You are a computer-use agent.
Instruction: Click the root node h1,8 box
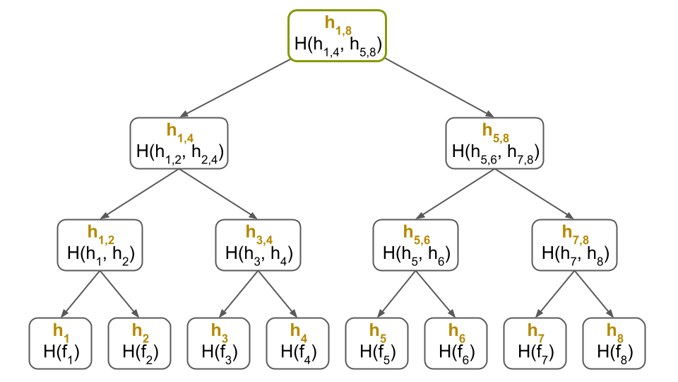click(337, 35)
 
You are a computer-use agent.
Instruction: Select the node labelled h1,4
click(179, 142)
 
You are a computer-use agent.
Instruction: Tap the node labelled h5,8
click(494, 142)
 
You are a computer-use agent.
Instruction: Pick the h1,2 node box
click(100, 244)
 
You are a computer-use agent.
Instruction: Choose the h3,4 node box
click(258, 244)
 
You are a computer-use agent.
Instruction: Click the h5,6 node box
click(415, 244)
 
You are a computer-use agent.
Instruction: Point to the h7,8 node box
click(573, 244)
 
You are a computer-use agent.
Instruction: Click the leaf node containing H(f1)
click(60, 343)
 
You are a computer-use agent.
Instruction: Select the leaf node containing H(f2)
click(139, 343)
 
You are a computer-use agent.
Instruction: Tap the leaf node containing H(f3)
click(218, 343)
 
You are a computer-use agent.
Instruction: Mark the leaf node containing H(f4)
click(297, 343)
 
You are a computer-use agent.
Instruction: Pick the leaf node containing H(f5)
click(376, 343)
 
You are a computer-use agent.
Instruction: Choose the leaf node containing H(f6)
click(456, 343)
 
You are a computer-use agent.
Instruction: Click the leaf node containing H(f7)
click(535, 343)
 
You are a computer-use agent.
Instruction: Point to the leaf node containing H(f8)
click(614, 343)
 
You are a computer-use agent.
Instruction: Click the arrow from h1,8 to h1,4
click(237, 87)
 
